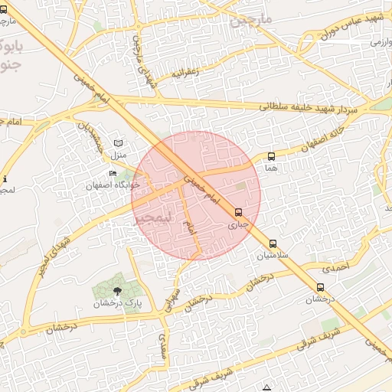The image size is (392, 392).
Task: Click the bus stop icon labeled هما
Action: click(271, 157)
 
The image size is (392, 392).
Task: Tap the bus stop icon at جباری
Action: click(239, 213)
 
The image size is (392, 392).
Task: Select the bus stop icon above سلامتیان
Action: click(273, 244)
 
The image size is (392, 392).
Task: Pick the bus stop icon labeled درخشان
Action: click(320, 288)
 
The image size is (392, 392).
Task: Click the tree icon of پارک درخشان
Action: click(116, 291)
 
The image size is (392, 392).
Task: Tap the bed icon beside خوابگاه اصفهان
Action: click(114, 174)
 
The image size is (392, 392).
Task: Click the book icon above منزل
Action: click(117, 143)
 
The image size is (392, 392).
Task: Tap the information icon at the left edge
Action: click(5, 178)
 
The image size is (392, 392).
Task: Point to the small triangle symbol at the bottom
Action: click(266, 388)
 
